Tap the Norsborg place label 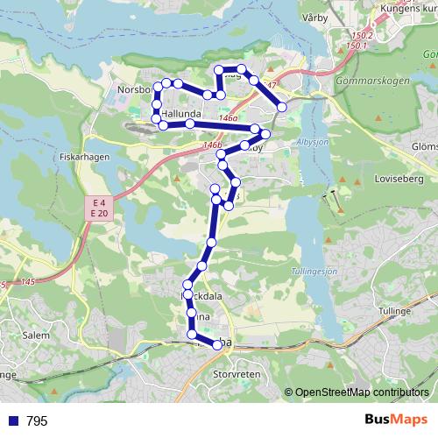point(134,90)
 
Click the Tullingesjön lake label point(313,271)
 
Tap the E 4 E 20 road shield point(98,208)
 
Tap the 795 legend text point(37,421)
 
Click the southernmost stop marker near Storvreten point(217,345)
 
